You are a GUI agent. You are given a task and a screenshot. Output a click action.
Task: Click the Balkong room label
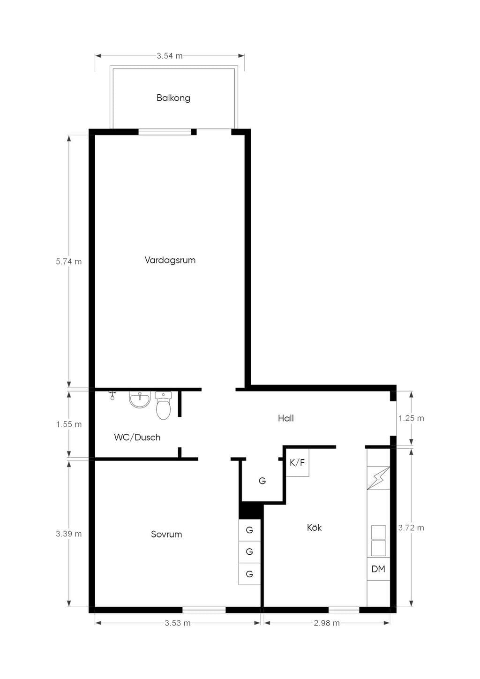point(173,98)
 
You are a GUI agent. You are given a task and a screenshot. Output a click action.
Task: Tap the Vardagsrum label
point(170,260)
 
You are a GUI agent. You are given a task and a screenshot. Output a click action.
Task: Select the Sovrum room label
point(166,534)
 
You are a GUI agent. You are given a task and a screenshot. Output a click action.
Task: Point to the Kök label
point(314,528)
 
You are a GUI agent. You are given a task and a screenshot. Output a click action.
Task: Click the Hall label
point(286,418)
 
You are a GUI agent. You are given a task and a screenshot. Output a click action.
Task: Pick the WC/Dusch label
point(137,437)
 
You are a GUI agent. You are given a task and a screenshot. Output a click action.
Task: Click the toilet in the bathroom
point(163,405)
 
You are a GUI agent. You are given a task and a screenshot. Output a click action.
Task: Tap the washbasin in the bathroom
point(140,399)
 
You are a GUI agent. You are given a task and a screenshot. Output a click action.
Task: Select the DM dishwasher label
point(378,569)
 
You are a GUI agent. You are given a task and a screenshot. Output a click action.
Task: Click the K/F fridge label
point(297,462)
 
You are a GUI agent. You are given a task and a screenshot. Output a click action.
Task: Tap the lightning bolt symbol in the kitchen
point(378,478)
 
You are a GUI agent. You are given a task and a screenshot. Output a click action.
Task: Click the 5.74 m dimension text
point(69,261)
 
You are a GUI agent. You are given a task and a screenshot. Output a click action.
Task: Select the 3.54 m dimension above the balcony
point(170,56)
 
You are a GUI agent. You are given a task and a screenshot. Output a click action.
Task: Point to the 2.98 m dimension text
point(327,623)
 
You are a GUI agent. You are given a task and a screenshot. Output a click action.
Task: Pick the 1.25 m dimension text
point(411,418)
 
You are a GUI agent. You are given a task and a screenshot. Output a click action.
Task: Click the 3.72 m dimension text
point(411,528)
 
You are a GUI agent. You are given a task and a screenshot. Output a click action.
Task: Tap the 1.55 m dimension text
point(69,424)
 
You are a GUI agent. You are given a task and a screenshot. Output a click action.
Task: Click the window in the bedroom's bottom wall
point(204,610)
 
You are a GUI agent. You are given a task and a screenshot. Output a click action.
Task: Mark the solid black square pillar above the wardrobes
point(251,510)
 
